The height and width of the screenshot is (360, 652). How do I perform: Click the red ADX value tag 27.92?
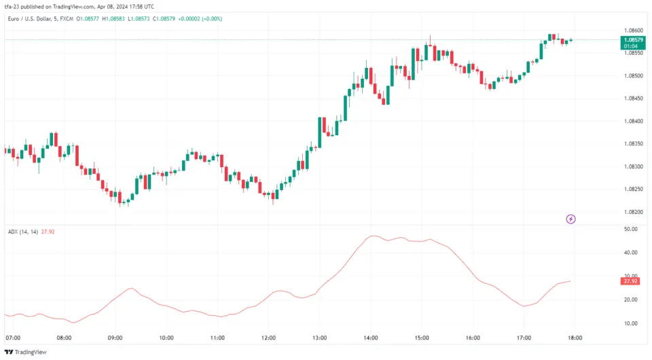pyautogui.click(x=630, y=281)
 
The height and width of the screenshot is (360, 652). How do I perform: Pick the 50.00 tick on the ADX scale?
pyautogui.click(x=630, y=230)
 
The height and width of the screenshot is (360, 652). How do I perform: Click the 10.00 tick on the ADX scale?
pyautogui.click(x=630, y=323)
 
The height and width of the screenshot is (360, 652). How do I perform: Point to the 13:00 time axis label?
pyautogui.click(x=320, y=338)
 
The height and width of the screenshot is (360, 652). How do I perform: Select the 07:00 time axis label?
pyautogui.click(x=12, y=338)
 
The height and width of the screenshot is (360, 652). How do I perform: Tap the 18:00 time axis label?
pyautogui.click(x=576, y=338)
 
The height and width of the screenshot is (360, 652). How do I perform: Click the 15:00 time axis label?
pyautogui.click(x=422, y=338)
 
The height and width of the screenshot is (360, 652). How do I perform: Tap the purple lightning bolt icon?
pyautogui.click(x=571, y=219)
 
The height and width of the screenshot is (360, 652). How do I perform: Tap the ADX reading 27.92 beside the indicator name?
pyautogui.click(x=48, y=232)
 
